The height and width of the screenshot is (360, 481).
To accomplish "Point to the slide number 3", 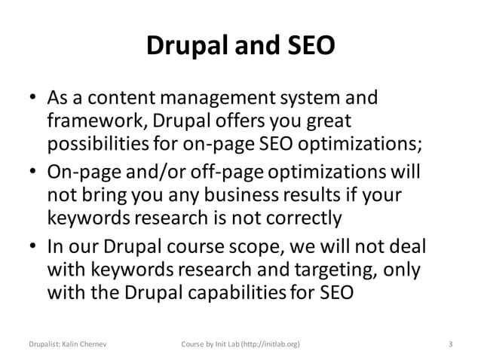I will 450,346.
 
